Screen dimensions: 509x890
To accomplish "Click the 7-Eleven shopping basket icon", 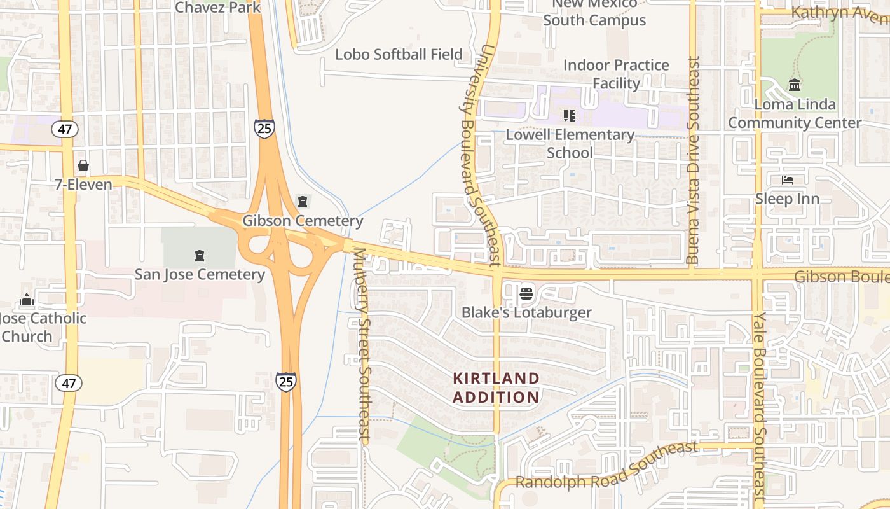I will (x=83, y=166).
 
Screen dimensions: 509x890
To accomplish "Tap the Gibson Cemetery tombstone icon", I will (x=303, y=202).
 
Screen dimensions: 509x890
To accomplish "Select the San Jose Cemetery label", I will (x=200, y=275).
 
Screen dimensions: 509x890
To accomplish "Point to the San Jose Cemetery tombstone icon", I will (x=200, y=256).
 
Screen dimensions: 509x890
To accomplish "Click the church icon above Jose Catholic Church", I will (x=27, y=300).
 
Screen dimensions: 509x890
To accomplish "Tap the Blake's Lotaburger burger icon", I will (x=526, y=294).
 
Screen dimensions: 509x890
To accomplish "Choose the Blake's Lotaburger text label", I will (x=526, y=312).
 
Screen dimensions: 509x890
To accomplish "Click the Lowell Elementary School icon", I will (x=569, y=116).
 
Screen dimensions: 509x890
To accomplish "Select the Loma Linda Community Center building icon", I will (x=794, y=85).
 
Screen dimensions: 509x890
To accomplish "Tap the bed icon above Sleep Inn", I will (x=787, y=180).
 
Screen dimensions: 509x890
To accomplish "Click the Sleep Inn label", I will (x=787, y=199).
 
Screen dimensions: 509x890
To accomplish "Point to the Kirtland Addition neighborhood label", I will (x=496, y=387).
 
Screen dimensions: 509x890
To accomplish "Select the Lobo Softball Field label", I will (x=399, y=55).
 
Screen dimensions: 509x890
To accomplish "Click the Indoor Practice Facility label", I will (x=616, y=74).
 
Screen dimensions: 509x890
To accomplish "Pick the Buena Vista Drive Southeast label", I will (x=693, y=160).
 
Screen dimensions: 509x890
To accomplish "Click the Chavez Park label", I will (x=218, y=8).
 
